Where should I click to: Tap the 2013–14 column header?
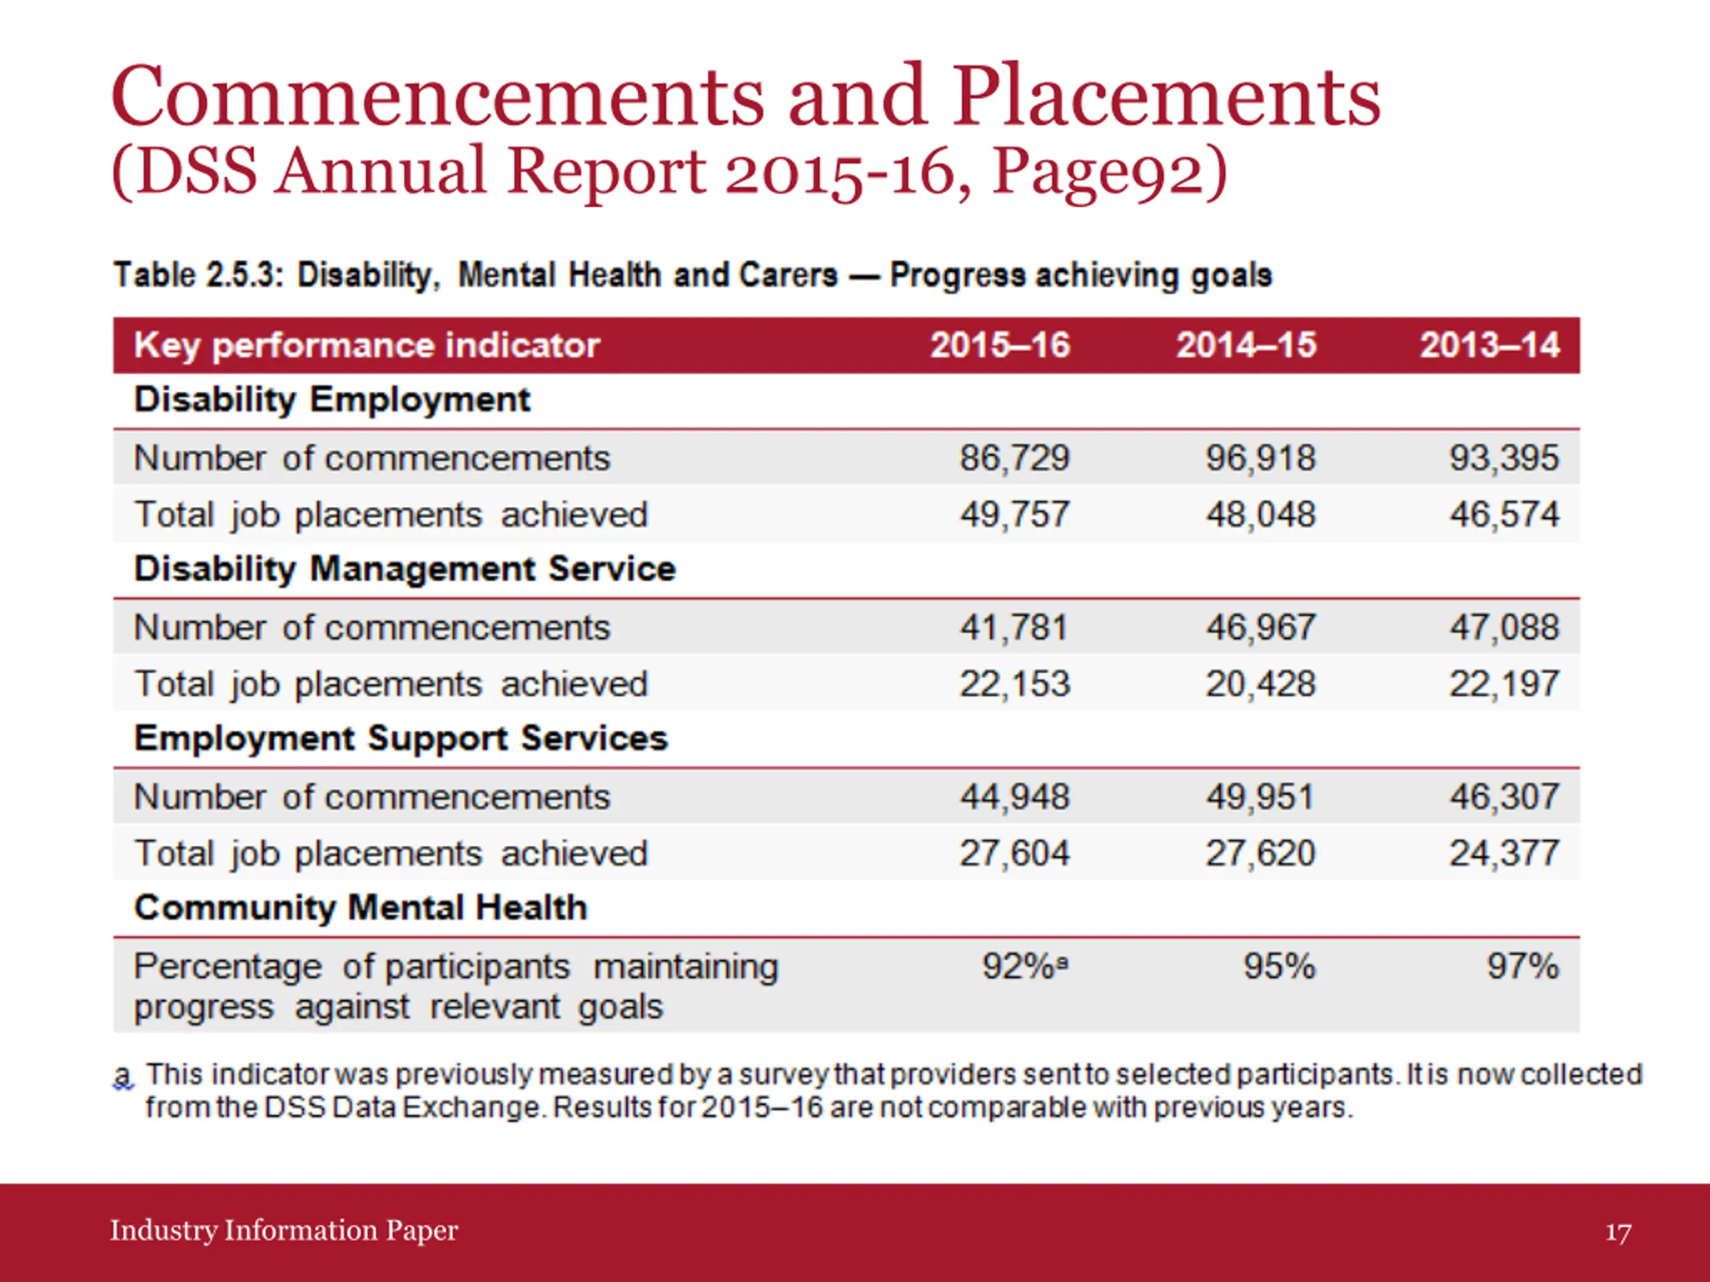(x=1490, y=345)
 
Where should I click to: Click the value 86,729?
(x=1015, y=457)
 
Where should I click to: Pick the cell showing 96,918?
(x=1261, y=457)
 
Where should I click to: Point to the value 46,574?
(x=1504, y=514)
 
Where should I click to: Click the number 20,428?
(x=1261, y=683)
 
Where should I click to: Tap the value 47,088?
(x=1504, y=627)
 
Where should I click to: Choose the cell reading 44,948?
(x=1015, y=796)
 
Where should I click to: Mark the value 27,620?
(x=1261, y=853)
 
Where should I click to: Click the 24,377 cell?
(x=1504, y=853)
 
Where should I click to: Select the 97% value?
(x=1523, y=966)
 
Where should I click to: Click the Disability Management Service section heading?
(x=405, y=569)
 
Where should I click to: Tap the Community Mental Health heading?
(x=361, y=907)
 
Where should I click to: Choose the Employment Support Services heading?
(x=401, y=738)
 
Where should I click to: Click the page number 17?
(x=1618, y=1232)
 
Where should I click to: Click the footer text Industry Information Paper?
(x=285, y=1229)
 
